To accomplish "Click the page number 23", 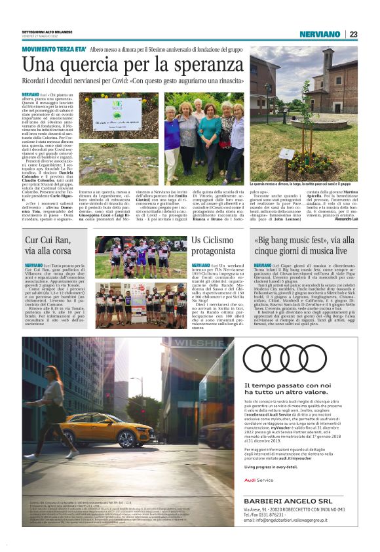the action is (353, 35).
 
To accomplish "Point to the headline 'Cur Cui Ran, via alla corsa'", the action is (46, 246).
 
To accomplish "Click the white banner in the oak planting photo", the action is (117, 113).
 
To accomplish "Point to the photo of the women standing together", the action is (204, 137).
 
